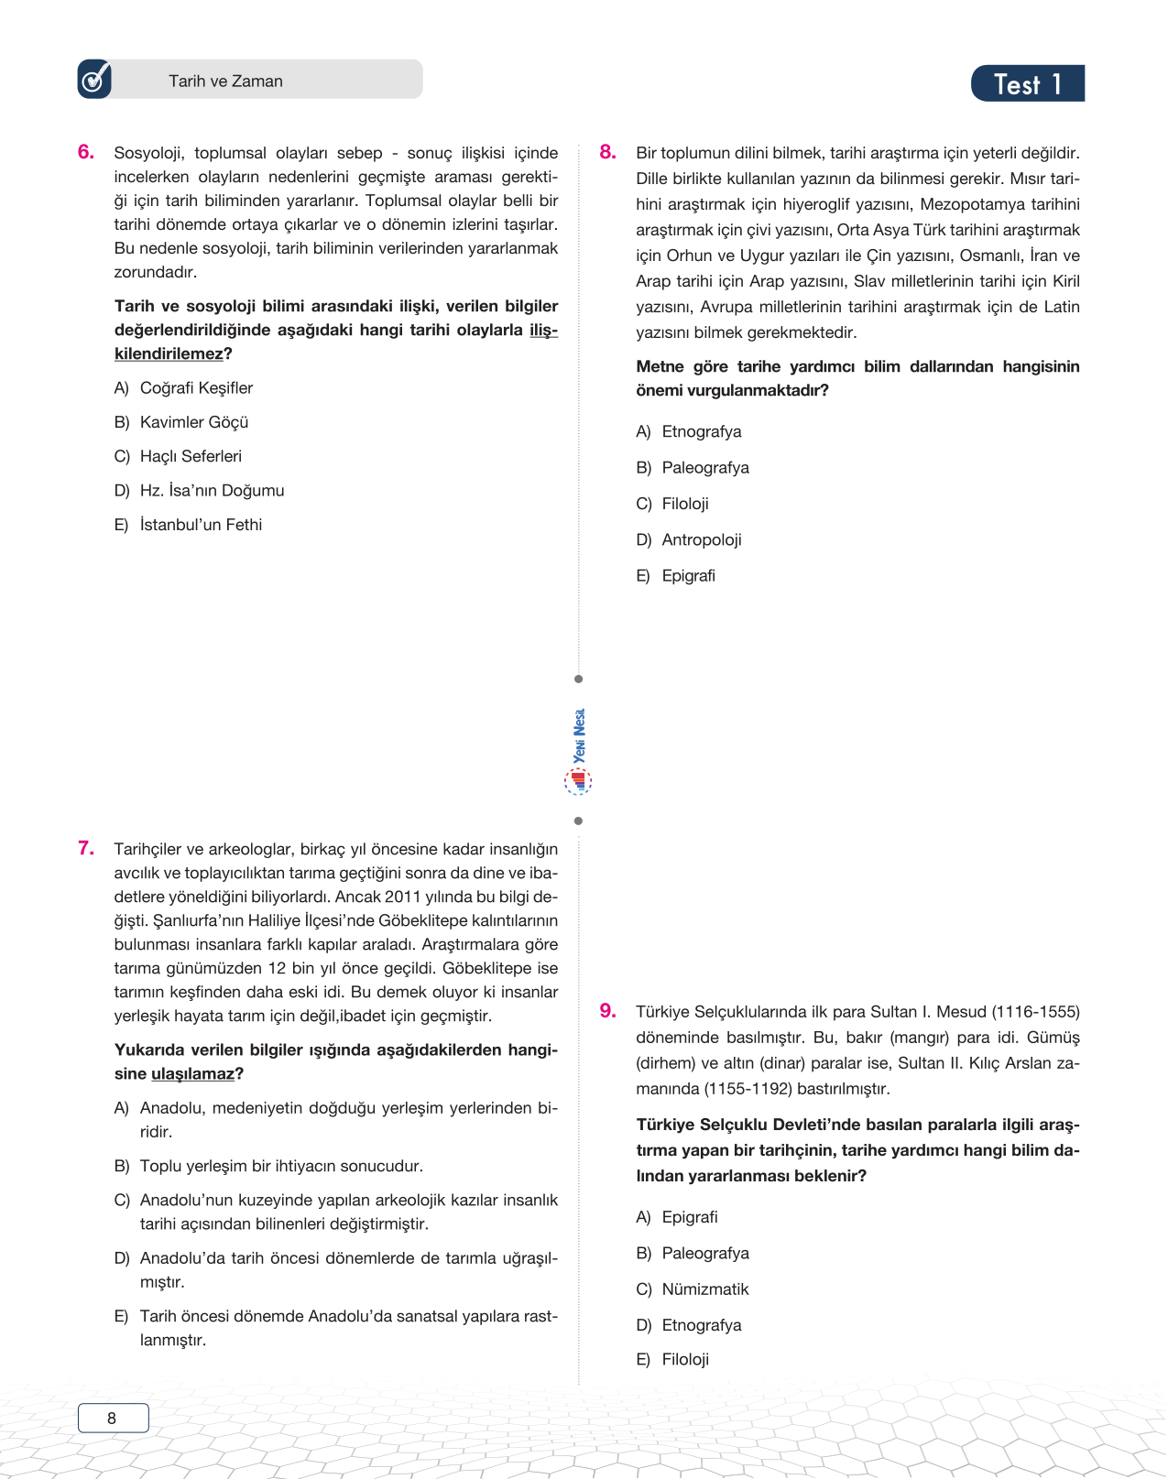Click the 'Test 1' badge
tap(1027, 84)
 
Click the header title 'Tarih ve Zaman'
tap(225, 81)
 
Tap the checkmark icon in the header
tap(94, 80)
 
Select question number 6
tap(86, 152)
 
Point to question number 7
tap(86, 848)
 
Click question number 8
tap(607, 152)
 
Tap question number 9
tap(607, 1010)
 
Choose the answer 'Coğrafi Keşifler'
tap(196, 388)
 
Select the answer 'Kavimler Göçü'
tap(194, 422)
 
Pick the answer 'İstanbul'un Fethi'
tap(201, 525)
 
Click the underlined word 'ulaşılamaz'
tap(192, 1073)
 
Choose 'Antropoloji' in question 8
tap(701, 539)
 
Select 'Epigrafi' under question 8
tap(688, 575)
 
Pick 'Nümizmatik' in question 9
tap(704, 1289)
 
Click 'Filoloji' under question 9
tap(685, 1359)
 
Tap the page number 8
tap(113, 1418)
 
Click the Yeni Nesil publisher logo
tap(578, 751)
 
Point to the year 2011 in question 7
tap(402, 897)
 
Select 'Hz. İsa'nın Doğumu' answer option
tap(212, 491)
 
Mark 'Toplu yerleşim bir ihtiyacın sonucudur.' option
tap(280, 1166)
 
